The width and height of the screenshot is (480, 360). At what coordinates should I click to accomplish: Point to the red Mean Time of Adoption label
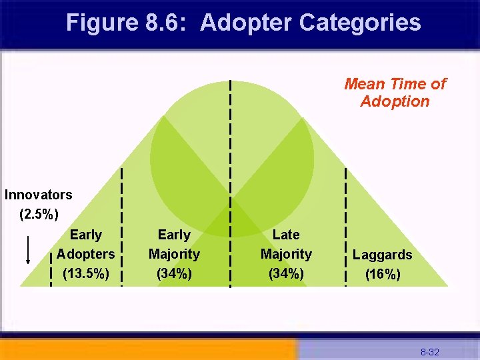395,93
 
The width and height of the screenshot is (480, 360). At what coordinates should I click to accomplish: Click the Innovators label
38,195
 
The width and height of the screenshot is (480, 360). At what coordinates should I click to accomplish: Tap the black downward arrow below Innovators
27,250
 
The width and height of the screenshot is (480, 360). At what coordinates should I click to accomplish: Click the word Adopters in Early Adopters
85,254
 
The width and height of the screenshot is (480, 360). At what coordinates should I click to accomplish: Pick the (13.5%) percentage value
85,273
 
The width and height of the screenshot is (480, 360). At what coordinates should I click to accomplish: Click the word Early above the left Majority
174,235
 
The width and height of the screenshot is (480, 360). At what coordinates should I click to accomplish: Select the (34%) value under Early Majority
174,273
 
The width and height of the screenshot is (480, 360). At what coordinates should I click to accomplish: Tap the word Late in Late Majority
286,235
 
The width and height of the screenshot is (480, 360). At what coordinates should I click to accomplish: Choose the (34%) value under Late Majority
286,273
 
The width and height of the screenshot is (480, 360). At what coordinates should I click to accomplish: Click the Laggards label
382,255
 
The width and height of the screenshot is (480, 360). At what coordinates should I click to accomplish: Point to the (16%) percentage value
383,274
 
